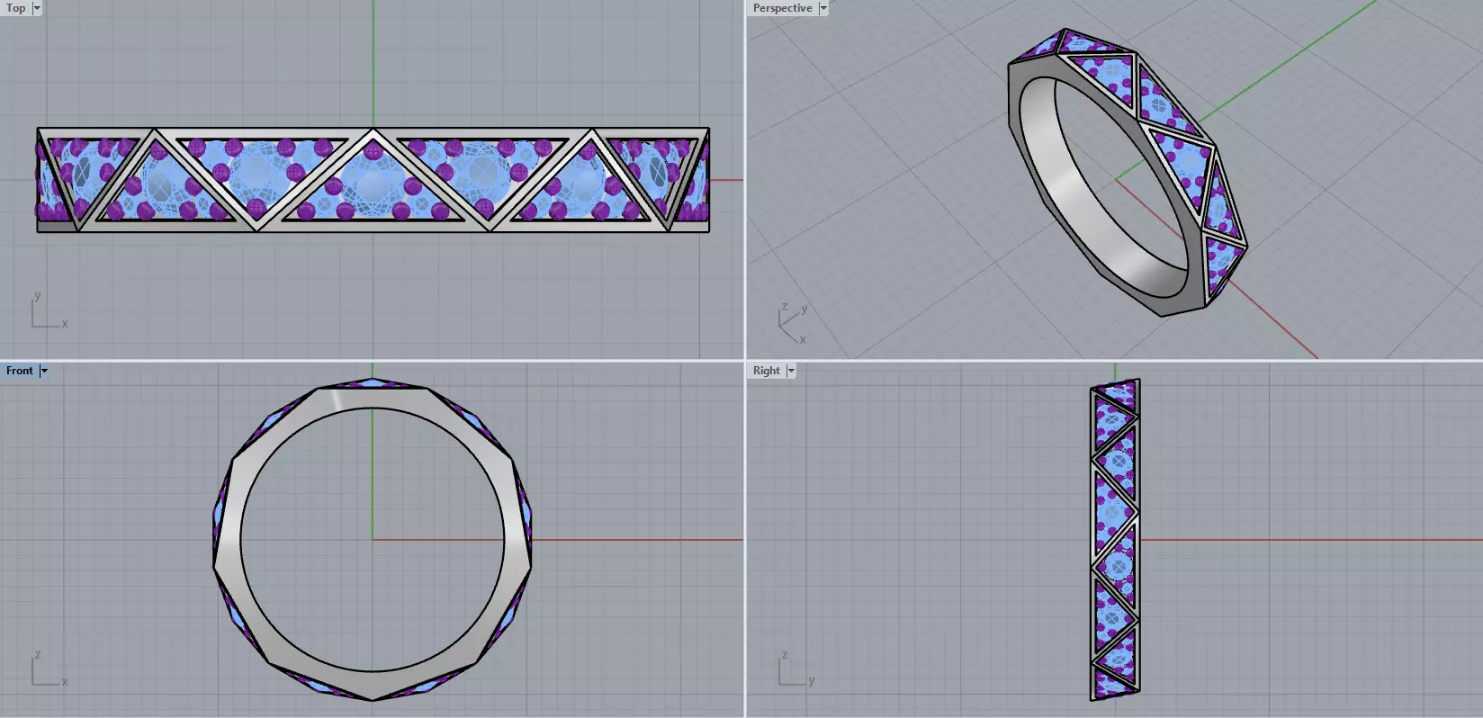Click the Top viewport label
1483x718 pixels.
point(15,8)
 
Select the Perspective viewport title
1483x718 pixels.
point(782,8)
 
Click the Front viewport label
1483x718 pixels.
point(19,371)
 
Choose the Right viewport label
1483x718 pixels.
point(766,371)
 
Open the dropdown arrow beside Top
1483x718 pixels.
point(37,8)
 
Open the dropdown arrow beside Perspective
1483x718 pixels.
point(823,8)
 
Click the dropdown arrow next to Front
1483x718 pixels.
point(43,371)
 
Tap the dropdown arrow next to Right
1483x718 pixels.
point(791,371)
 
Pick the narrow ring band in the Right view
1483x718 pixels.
point(1116,540)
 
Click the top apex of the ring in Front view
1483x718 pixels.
point(373,381)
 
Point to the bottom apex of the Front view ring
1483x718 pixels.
point(373,697)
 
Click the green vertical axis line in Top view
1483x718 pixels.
point(373,63)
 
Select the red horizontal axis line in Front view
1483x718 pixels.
point(630,540)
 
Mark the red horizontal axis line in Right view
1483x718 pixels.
point(1305,540)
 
